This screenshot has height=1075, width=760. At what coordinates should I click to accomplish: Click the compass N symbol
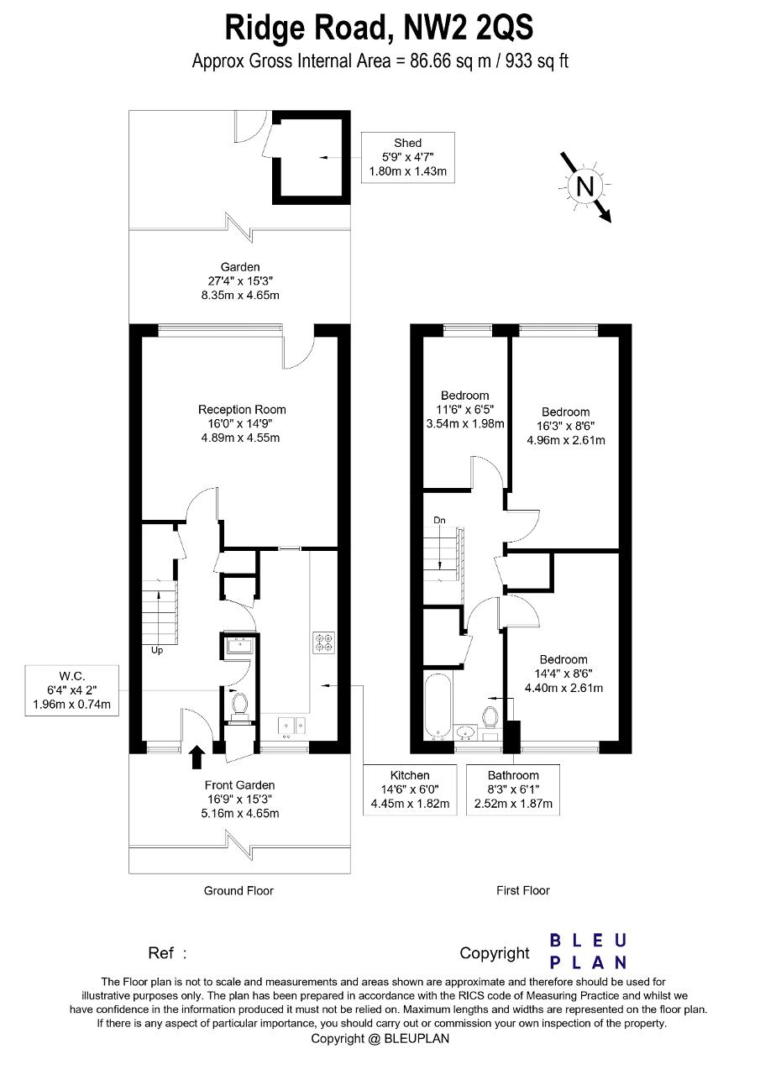[584, 186]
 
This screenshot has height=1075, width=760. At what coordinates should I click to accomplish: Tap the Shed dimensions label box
[408, 157]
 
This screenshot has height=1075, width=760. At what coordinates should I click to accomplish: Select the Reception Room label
[242, 423]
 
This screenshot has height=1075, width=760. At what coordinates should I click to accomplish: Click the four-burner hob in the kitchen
[323, 643]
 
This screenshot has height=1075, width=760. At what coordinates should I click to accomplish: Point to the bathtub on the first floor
[438, 705]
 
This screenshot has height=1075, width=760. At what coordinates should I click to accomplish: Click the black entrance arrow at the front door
[197, 757]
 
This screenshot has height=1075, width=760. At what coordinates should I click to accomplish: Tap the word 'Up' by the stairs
[157, 650]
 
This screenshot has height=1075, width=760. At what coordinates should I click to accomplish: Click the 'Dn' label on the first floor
[439, 520]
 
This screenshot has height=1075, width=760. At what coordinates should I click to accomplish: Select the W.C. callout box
[72, 690]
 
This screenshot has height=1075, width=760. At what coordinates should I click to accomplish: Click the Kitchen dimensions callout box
[410, 789]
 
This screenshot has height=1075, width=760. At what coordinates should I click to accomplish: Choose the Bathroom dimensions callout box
[513, 789]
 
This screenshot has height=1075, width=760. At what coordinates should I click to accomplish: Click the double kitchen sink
[292, 727]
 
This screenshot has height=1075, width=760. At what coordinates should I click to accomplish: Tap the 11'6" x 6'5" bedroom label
[465, 409]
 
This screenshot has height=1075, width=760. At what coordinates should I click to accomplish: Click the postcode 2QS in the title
[503, 28]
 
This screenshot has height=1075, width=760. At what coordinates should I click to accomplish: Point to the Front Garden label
[240, 799]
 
